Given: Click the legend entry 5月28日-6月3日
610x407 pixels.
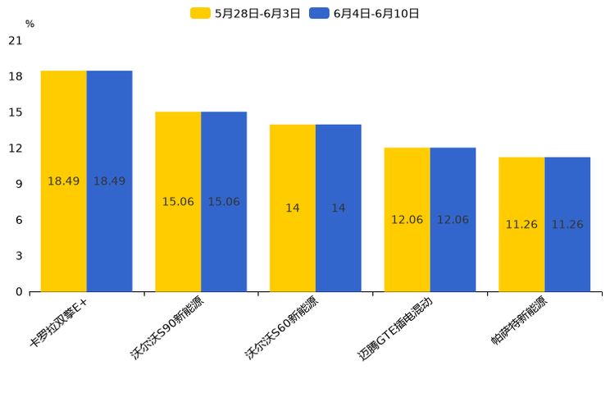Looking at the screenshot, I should [246, 13].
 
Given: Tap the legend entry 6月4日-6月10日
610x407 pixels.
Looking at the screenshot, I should [365, 13].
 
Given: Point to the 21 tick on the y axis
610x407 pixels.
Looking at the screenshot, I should [16, 41].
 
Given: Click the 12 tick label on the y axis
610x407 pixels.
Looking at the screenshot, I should [16, 149].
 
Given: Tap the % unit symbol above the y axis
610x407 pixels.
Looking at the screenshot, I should [30, 25].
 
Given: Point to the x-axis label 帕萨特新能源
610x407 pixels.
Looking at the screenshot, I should [519, 322].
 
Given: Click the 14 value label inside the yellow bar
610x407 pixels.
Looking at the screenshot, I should [293, 208].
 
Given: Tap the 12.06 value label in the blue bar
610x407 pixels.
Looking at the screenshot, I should [453, 220].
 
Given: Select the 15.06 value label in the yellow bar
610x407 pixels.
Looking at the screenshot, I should [178, 202].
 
